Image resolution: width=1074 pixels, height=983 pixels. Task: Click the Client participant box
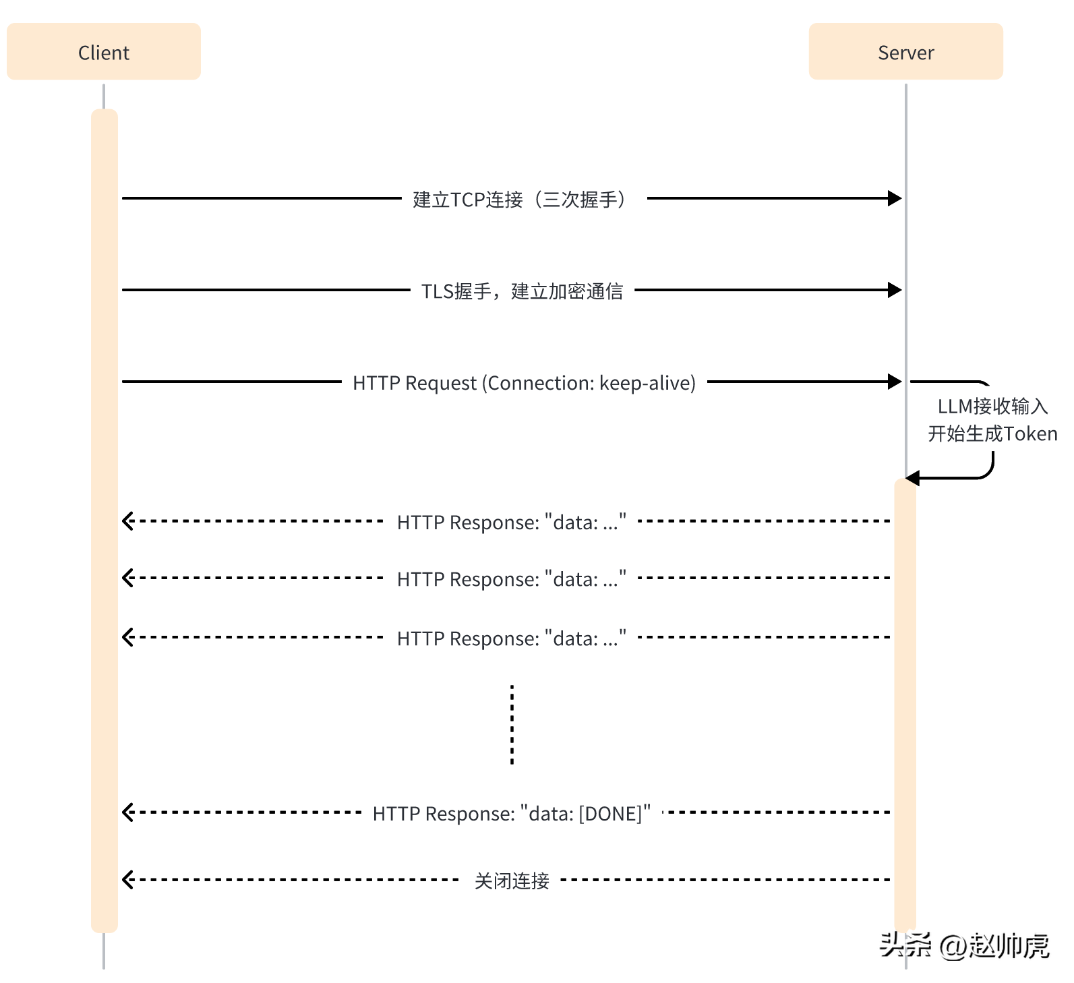[x=104, y=52]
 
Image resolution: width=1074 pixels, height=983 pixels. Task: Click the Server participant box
[x=905, y=52]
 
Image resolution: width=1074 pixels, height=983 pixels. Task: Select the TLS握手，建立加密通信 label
[x=522, y=291]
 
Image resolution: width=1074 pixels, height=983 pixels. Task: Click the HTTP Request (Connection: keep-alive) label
[x=524, y=383]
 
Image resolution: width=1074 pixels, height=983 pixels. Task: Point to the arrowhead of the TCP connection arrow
[x=895, y=198]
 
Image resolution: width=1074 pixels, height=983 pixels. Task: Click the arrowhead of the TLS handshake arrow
[x=895, y=290]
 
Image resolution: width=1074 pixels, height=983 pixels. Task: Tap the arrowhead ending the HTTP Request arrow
[x=895, y=382]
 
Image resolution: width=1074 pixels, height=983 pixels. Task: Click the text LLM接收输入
[x=992, y=406]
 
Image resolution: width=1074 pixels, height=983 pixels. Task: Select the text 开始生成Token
[x=992, y=434]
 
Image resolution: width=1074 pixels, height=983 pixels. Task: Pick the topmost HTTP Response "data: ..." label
[x=511, y=523]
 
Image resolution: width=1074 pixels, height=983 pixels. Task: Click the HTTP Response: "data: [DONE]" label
[x=511, y=814]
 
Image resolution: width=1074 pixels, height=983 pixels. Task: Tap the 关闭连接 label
[x=511, y=881]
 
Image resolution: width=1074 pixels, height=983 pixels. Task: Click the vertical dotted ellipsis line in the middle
[x=512, y=725]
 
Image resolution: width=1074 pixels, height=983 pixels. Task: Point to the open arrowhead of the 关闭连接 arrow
[x=127, y=880]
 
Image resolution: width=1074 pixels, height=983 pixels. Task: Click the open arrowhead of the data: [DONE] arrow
[x=127, y=812]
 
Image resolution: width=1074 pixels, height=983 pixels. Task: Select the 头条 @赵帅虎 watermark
[x=964, y=946]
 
